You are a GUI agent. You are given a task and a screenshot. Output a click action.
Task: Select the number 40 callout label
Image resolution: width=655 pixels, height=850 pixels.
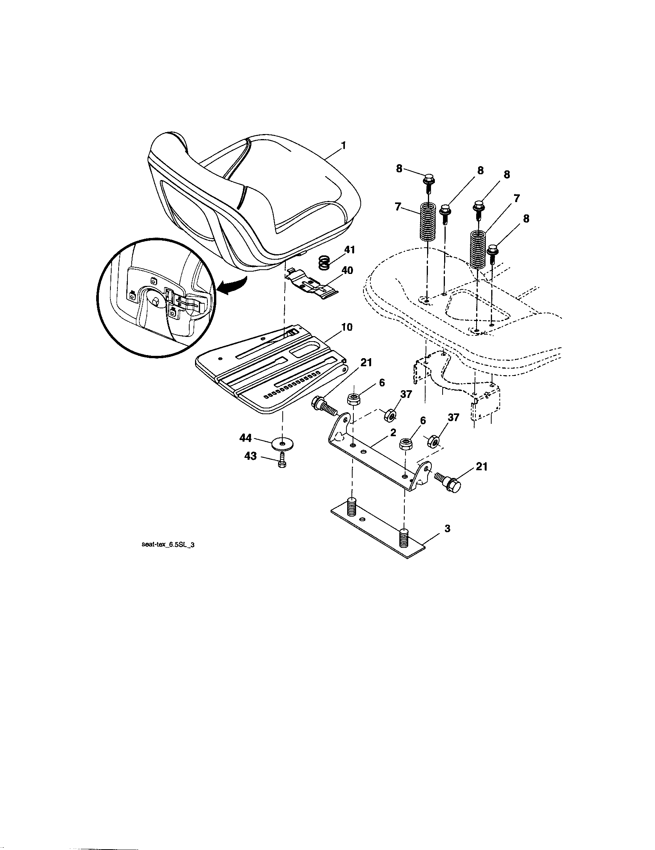coord(347,270)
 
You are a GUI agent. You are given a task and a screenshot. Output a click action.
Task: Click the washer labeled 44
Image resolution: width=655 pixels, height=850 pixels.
coord(283,443)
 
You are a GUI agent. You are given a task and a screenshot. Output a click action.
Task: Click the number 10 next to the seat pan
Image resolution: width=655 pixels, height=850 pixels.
coord(346,327)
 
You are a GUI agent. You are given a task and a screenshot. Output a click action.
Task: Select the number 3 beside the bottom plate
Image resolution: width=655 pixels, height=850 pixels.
coord(447,529)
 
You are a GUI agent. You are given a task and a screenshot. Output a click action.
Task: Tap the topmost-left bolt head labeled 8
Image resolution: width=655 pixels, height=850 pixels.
coord(428,180)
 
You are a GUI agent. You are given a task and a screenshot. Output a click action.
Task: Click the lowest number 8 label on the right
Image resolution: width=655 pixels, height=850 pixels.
coord(526,219)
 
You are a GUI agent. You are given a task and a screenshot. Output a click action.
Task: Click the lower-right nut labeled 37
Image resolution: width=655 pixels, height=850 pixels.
coord(433,441)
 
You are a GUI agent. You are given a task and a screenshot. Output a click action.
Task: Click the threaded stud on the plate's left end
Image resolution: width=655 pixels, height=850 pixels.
coord(351,506)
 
